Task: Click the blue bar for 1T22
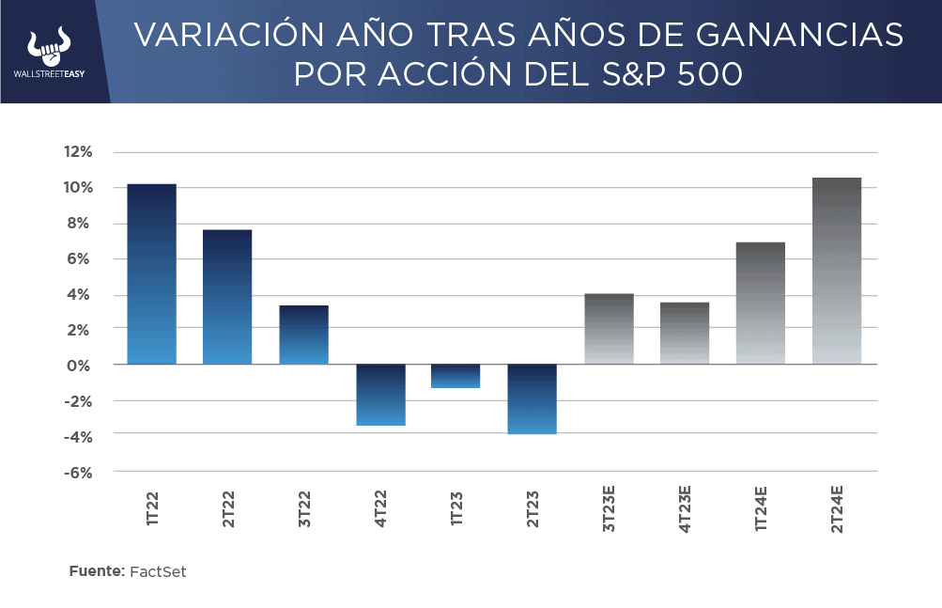pos(151,273)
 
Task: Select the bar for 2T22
pos(227,297)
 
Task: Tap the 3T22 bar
pos(303,335)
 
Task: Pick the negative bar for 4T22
pos(380,395)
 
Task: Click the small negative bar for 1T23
pos(456,376)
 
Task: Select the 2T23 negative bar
pos(533,398)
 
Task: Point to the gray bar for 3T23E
pos(609,329)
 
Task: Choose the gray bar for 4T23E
pos(685,333)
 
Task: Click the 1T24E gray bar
pos(761,303)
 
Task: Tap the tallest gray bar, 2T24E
pos(837,271)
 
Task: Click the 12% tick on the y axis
pos(78,152)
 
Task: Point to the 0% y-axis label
pos(81,365)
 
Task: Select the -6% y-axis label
pos(78,472)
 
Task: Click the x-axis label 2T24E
pos(837,509)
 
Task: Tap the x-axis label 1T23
pos(456,505)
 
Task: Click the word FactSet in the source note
pos(158,571)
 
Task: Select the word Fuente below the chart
pos(96,571)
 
